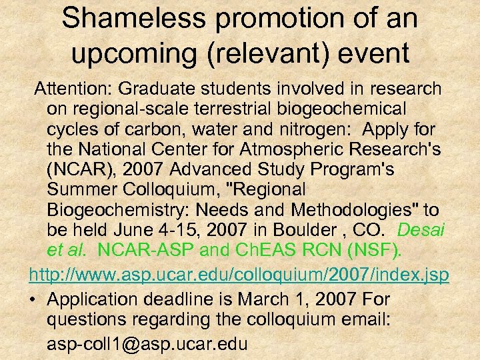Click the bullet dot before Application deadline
33,300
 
